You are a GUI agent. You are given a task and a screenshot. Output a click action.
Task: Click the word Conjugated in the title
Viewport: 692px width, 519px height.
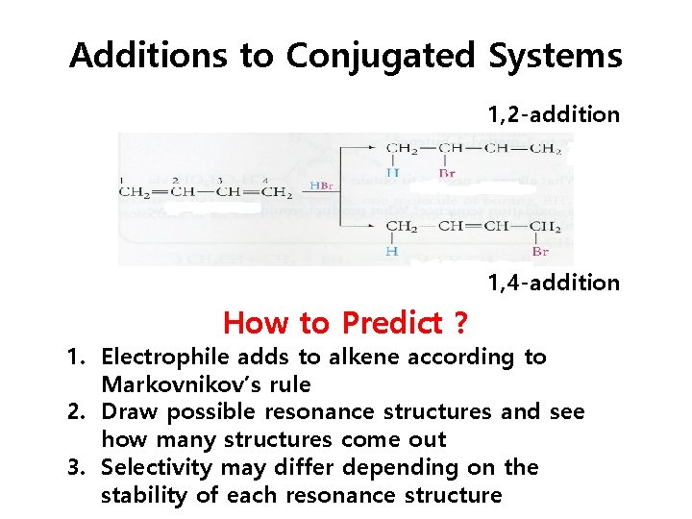380,57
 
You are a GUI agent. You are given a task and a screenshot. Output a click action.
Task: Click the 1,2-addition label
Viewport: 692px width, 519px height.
553,115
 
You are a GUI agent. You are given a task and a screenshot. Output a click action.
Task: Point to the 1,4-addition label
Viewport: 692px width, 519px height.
553,283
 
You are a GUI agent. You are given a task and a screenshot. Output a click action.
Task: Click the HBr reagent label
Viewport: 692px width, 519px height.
321,185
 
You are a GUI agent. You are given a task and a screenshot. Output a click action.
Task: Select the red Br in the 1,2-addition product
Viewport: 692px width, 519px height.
446,174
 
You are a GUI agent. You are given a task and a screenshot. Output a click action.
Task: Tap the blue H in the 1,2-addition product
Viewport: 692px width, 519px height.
392,173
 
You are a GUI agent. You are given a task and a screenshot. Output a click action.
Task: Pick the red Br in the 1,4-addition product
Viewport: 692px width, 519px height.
540,252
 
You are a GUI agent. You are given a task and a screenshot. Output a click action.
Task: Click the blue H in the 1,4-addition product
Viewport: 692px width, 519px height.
392,252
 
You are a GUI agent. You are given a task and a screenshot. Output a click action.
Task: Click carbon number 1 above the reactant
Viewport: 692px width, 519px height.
122,180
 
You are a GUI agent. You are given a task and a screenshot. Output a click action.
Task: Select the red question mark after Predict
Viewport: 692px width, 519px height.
461,323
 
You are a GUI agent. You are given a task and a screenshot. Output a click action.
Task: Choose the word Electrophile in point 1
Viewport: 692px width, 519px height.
165,358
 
